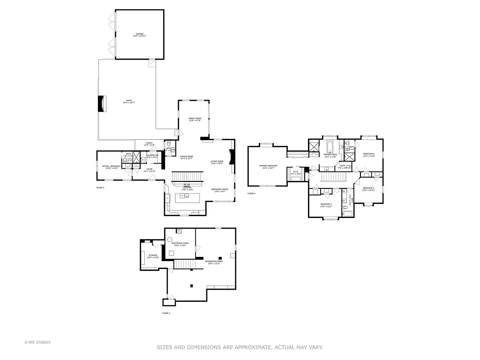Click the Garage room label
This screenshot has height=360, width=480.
click(x=140, y=35)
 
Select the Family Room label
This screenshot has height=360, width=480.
click(x=195, y=119)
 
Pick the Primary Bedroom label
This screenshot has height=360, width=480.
click(x=268, y=166)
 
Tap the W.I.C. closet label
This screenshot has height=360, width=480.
click(x=295, y=172)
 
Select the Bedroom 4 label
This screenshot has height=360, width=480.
click(x=326, y=205)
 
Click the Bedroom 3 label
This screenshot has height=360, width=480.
click(x=368, y=188)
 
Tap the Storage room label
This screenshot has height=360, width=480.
click(x=153, y=256)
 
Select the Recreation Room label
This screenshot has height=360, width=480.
click(x=213, y=262)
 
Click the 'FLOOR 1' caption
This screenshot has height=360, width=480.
click(x=166, y=313)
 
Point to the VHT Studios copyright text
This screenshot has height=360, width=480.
click(x=37, y=342)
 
